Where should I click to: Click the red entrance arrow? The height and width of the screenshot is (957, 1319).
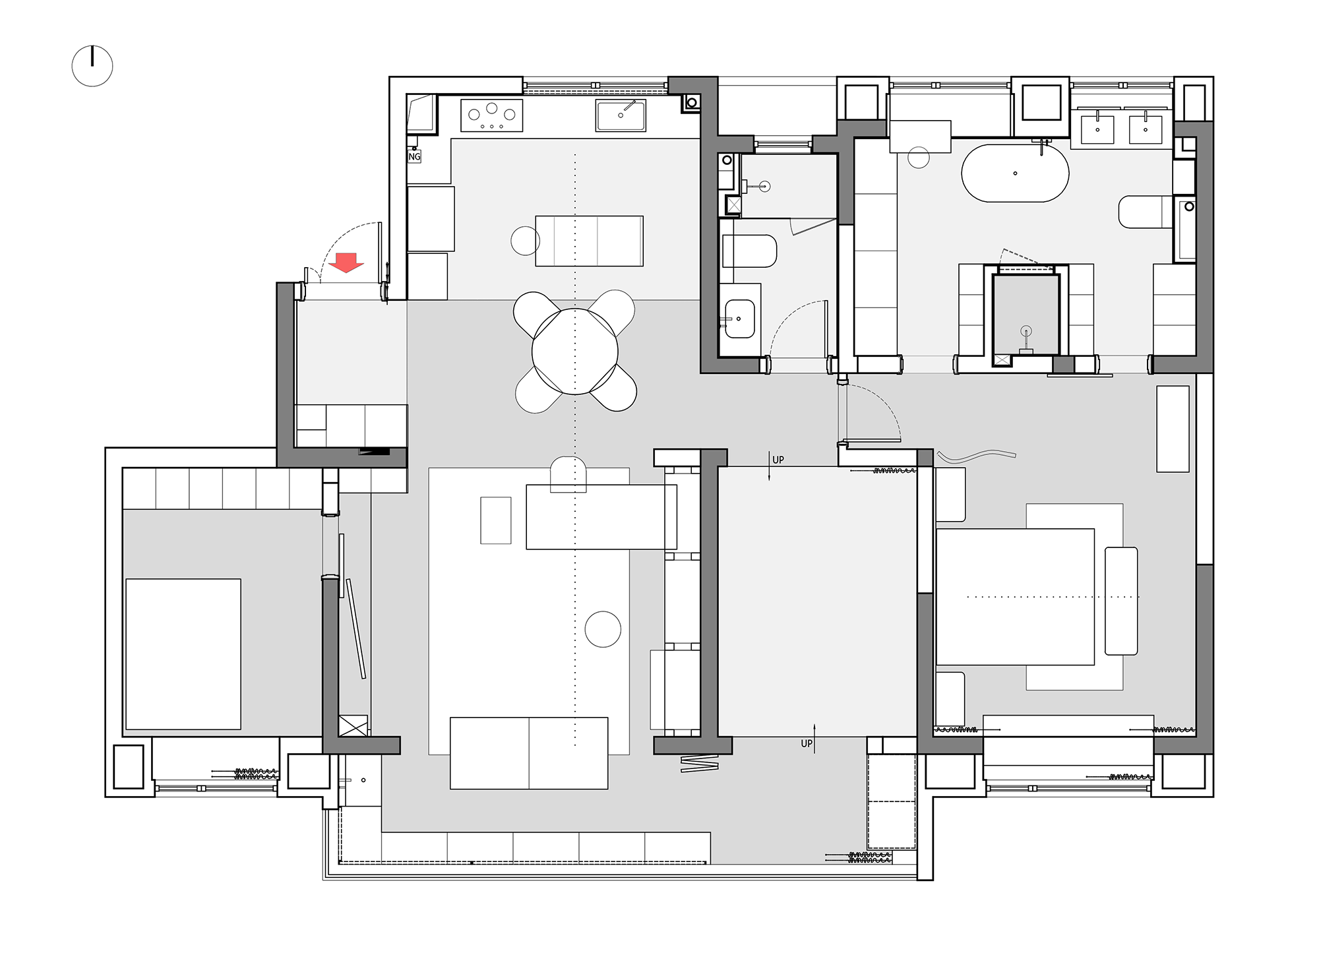coord(346,262)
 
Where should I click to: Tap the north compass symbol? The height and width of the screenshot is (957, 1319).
coord(92,66)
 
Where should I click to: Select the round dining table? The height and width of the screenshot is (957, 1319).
coord(575,352)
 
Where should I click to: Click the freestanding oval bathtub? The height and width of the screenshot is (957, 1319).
coord(1015,173)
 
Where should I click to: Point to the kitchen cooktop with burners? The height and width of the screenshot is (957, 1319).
coord(491,116)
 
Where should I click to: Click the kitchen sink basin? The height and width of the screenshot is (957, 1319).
coord(621,115)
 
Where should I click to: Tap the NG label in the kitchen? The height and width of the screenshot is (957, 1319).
coord(414,156)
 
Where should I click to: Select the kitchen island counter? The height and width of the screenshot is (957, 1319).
coord(589,241)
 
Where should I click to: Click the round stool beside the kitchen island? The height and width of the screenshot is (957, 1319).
coord(526,240)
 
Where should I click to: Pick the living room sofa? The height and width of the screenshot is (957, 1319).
coord(529,753)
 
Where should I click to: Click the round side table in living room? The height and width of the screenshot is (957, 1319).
coord(603,629)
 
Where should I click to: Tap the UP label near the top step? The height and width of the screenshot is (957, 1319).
coord(778,460)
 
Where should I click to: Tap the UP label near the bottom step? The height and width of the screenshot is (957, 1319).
coord(807,743)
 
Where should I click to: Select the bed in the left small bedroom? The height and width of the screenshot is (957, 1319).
coord(183,654)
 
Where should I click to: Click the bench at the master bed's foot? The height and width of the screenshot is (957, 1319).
coord(1121,601)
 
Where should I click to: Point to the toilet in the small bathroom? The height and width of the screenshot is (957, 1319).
coord(749,251)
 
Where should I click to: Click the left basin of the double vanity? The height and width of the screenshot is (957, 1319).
coord(1097,129)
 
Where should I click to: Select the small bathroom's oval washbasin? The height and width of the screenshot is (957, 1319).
coord(740,319)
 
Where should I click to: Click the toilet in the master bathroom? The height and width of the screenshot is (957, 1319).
coord(1146,212)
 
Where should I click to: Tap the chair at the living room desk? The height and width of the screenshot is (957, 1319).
coord(568,474)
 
